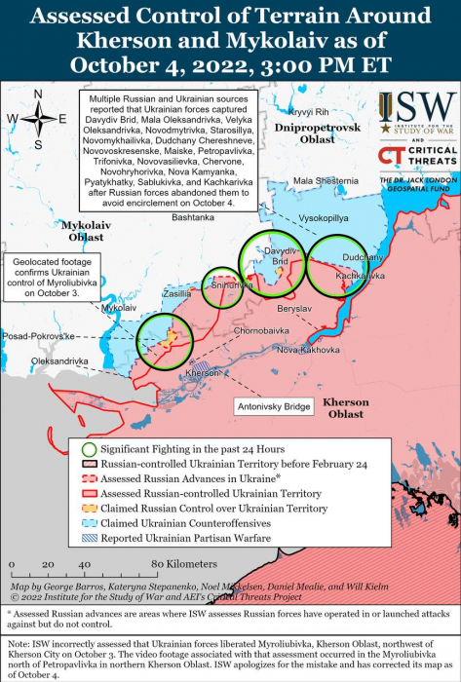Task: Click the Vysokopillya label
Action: (x=323, y=218)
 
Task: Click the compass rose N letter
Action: (x=38, y=95)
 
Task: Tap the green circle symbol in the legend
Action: (x=89, y=449)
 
